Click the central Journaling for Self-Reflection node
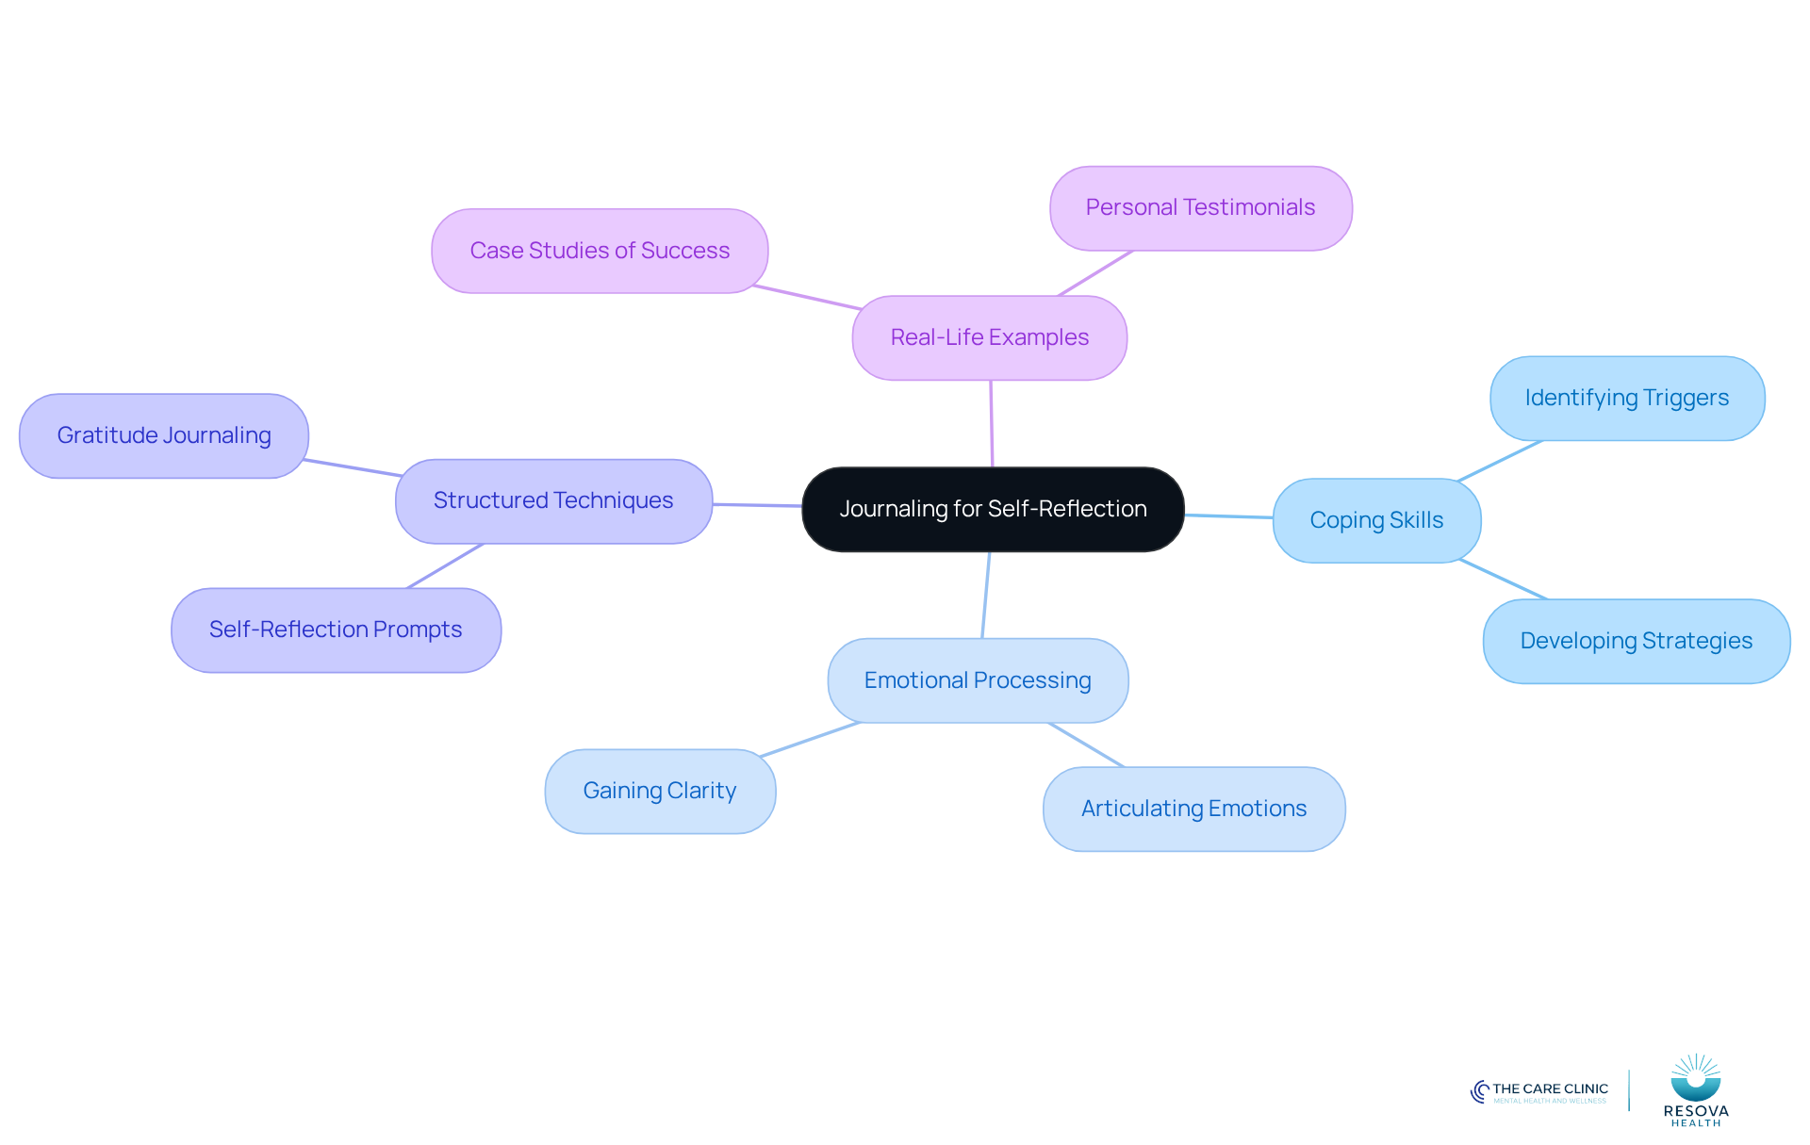(x=993, y=509)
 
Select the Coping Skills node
(x=1376, y=520)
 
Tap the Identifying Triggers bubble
(x=1627, y=398)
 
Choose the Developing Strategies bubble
(x=1637, y=641)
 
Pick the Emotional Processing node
(x=978, y=680)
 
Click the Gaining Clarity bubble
(x=660, y=791)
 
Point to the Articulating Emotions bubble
(x=1193, y=809)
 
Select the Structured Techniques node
(x=553, y=500)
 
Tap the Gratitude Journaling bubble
(x=164, y=435)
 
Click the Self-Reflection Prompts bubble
(x=336, y=630)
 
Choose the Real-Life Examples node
(x=990, y=337)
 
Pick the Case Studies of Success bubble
(x=600, y=251)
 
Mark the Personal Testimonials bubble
(x=1200, y=207)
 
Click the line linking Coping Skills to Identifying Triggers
(x=1500, y=461)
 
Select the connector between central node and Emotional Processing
(x=986, y=595)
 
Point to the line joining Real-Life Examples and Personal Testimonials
(x=1095, y=273)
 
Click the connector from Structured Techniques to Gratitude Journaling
(x=353, y=467)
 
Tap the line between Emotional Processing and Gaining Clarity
(x=810, y=740)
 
